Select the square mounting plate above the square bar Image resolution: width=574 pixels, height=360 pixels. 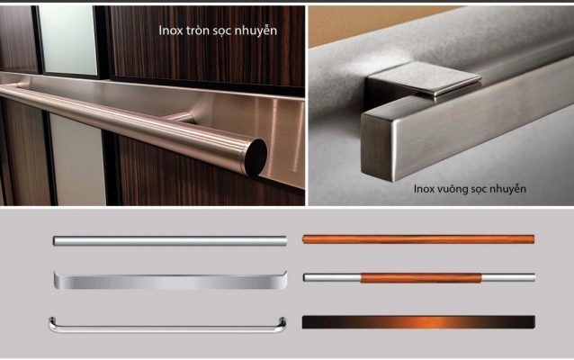tap(425, 79)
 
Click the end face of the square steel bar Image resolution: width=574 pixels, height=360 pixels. tap(380, 148)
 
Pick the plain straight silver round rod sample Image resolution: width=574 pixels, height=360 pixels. tap(170, 240)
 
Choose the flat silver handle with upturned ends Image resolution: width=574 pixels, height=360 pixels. tap(170, 282)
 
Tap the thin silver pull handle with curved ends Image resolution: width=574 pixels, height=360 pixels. tap(167, 328)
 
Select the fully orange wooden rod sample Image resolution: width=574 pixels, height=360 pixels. tap(418, 239)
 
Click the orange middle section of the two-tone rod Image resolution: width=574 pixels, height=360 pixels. tap(421, 278)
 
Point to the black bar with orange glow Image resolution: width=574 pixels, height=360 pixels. tap(418, 322)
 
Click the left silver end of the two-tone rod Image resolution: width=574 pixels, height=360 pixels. tap(332, 277)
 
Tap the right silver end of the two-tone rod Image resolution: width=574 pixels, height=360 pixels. tap(508, 277)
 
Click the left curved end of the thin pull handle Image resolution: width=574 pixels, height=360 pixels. tap(53, 324)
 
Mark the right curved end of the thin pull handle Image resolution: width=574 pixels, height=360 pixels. tap(283, 324)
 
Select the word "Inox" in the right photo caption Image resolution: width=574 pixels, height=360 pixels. tap(424, 189)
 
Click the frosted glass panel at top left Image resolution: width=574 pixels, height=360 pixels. tap(68, 40)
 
